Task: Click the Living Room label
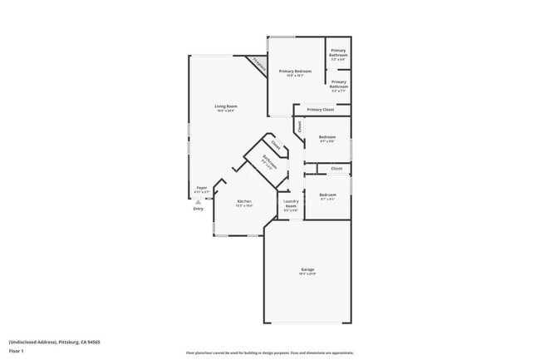pyautogui.click(x=225, y=106)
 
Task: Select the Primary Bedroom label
pyautogui.click(x=295, y=72)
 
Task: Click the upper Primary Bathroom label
pyautogui.click(x=338, y=53)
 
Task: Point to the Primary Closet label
pyautogui.click(x=320, y=110)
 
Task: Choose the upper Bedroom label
pyautogui.click(x=327, y=137)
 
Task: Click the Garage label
pyautogui.click(x=307, y=269)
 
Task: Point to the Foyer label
pyautogui.click(x=201, y=189)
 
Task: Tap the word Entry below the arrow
pyautogui.click(x=198, y=209)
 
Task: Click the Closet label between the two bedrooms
pyautogui.click(x=336, y=169)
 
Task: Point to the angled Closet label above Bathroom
pyautogui.click(x=276, y=144)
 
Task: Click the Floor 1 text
pyautogui.click(x=17, y=352)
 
